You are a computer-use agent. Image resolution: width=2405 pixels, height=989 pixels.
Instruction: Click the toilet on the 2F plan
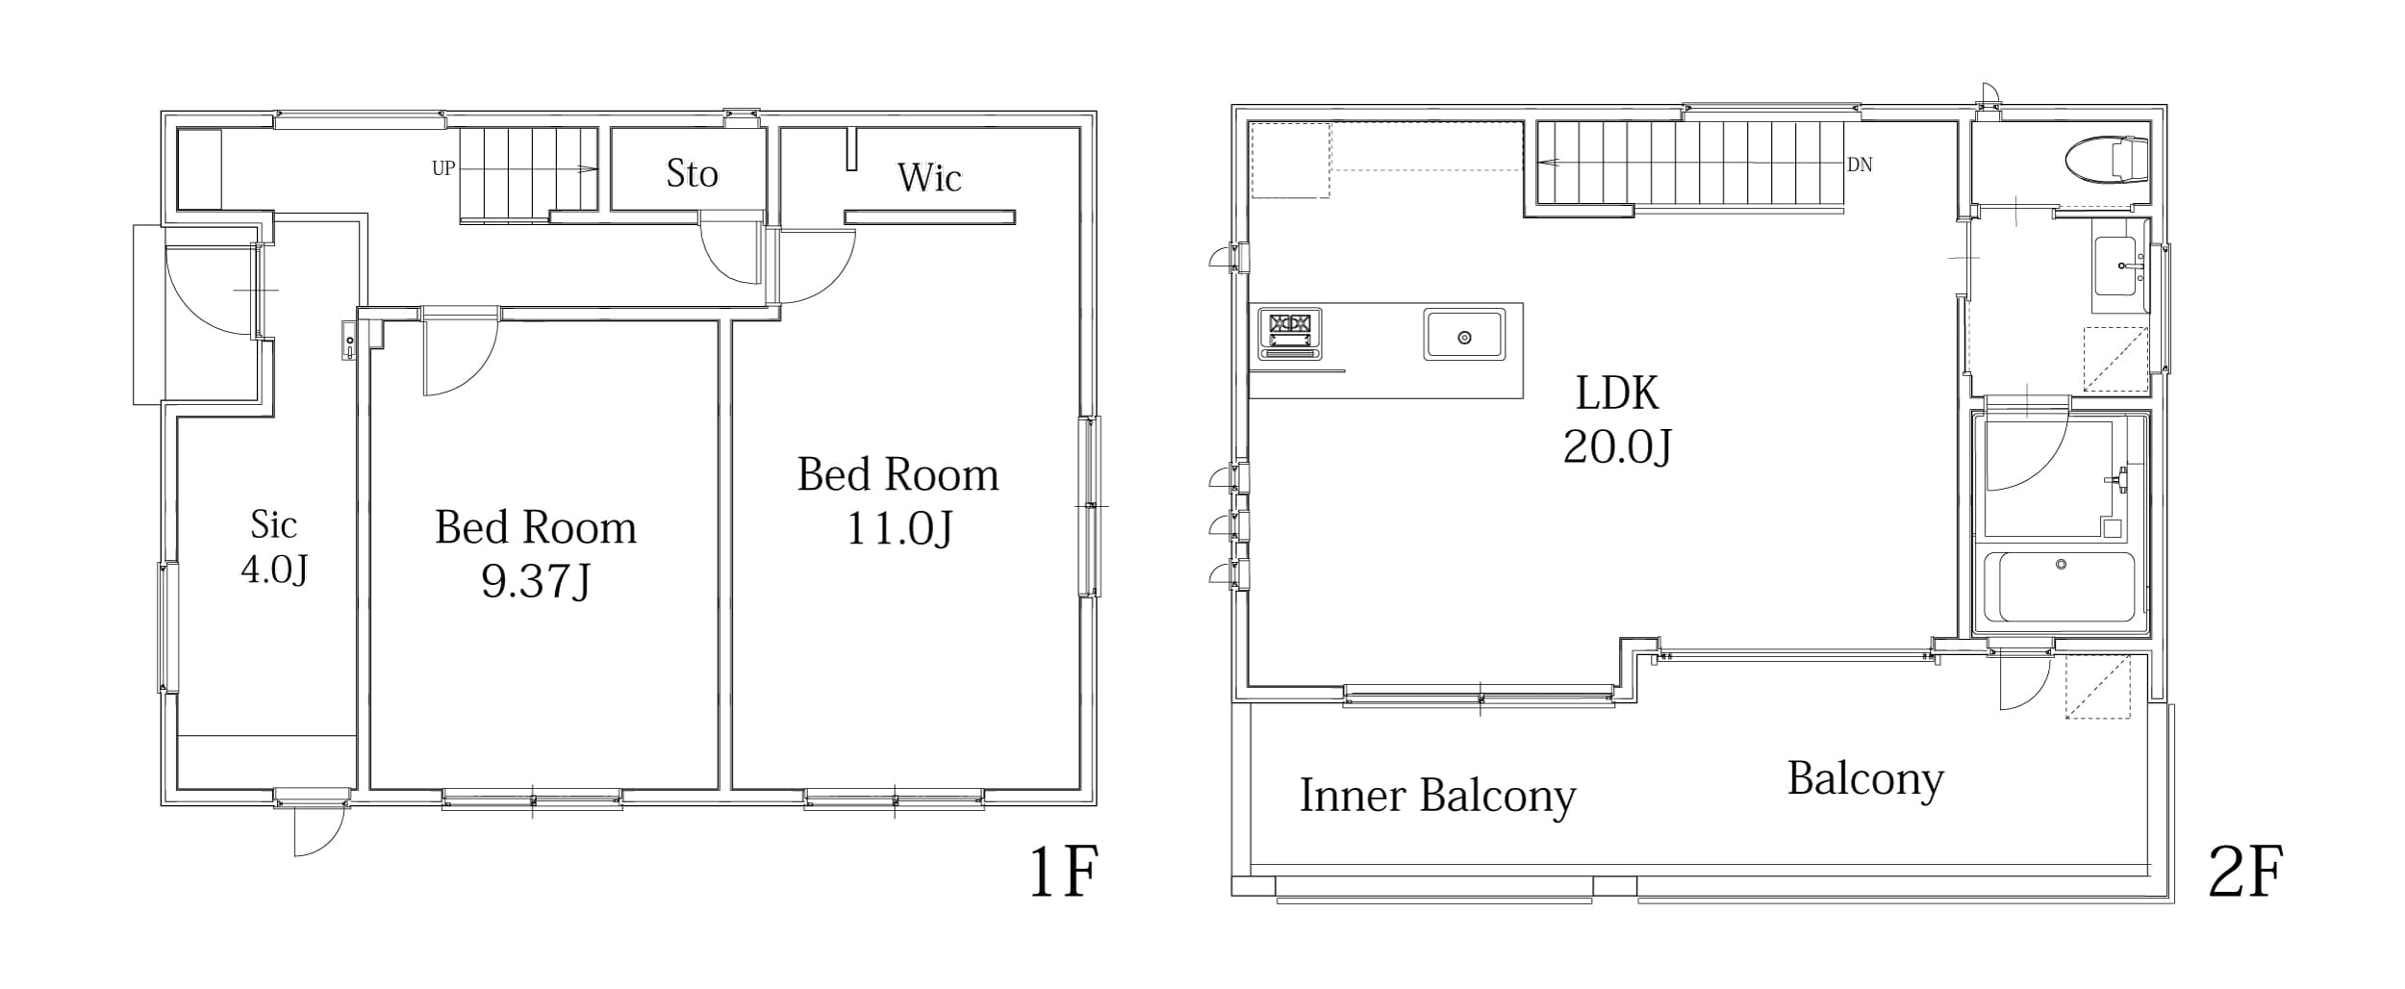(2107, 159)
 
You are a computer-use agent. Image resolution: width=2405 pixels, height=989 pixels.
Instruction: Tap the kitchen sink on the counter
(1464, 336)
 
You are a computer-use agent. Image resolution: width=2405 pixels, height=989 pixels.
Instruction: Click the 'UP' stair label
(443, 169)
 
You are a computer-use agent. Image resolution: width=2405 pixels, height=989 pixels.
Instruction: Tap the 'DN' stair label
(1860, 165)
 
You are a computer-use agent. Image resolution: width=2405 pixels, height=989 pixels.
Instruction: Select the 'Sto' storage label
(692, 174)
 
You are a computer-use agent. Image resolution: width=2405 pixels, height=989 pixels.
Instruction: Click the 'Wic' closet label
(929, 178)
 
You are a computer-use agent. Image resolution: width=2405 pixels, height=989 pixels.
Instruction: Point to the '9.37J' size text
(536, 581)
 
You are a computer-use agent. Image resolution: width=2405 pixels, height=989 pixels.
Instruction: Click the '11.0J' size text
(899, 528)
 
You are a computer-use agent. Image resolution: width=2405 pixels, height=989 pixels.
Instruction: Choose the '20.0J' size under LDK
(1617, 446)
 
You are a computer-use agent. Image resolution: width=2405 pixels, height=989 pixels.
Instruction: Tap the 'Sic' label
(273, 525)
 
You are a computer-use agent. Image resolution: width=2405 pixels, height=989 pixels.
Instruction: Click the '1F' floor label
(1063, 872)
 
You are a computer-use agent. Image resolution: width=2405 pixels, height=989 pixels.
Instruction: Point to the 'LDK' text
(1617, 393)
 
